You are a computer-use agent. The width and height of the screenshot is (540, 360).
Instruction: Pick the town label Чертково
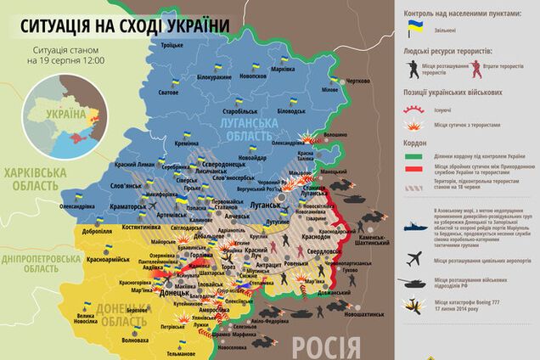tap(358, 81)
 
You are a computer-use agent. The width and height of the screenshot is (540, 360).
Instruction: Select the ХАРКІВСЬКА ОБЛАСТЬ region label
tap(35, 179)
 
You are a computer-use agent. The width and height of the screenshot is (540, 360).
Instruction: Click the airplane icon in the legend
tap(415, 257)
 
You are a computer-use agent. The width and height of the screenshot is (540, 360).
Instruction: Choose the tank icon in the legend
tap(415, 285)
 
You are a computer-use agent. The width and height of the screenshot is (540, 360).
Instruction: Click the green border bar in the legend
tap(414, 157)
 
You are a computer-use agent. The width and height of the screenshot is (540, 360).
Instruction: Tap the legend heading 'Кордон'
tap(413, 143)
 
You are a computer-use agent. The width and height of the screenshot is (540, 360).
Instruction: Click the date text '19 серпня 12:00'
tap(67, 62)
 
